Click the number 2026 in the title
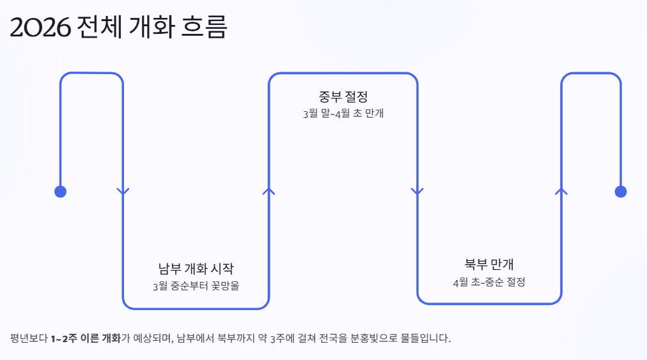pos(40,27)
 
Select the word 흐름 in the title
pos(207,27)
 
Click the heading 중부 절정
pos(343,97)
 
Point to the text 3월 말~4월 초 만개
pos(343,114)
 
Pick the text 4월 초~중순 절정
pos(489,281)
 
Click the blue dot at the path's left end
pos(60,191)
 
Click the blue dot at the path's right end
pos(620,191)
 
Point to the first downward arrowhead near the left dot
pos(123,191)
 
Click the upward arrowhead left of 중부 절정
pos(269,191)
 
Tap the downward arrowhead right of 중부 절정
pos(417,191)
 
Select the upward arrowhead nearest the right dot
pos(561,191)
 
